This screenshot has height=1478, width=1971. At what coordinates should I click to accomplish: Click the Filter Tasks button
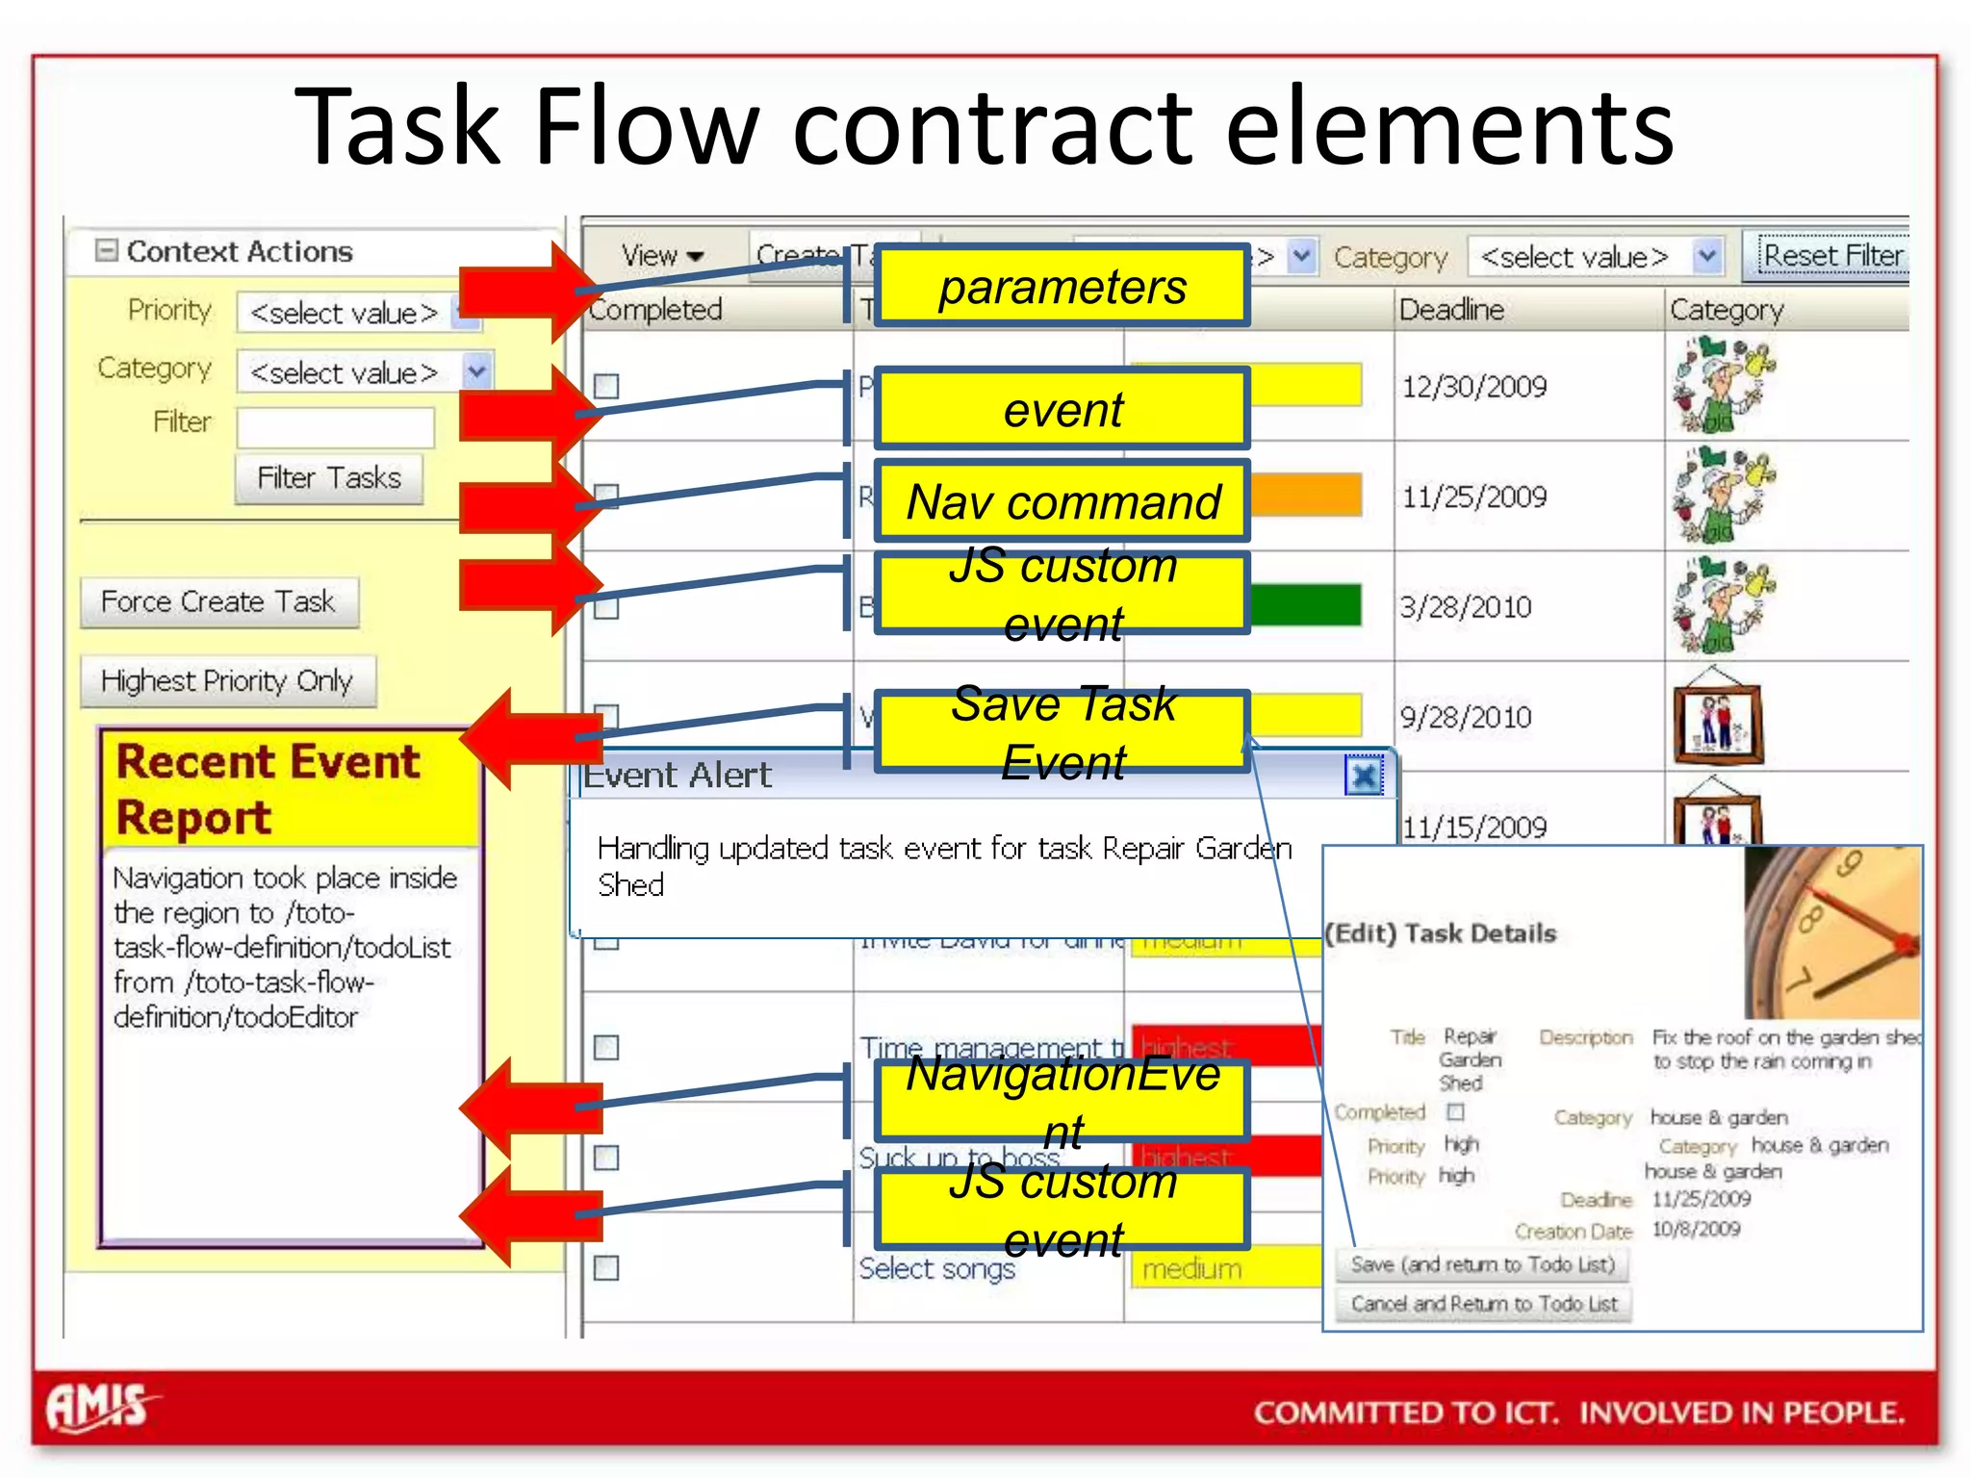tap(328, 478)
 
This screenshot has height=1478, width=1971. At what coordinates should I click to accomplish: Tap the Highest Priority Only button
tap(227, 681)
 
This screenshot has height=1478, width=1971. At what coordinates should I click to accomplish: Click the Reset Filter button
tap(1831, 256)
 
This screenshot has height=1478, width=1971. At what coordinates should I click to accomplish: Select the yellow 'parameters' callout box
tap(1062, 287)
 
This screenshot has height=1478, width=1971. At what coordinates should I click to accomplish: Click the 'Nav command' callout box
tap(1062, 501)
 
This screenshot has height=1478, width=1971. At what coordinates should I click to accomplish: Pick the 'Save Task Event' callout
tap(1062, 732)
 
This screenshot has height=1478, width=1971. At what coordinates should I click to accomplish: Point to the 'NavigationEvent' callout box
tap(1062, 1101)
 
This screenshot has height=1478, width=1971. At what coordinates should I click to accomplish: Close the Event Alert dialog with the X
tap(1363, 777)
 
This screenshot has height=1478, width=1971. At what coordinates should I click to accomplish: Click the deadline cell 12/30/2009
tap(1473, 387)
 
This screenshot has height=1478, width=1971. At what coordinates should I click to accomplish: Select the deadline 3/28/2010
tap(1465, 607)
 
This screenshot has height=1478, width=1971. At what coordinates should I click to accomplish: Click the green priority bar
tap(1305, 605)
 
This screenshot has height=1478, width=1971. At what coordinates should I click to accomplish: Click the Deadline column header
tap(1451, 310)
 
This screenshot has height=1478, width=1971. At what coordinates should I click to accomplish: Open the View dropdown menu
tap(662, 256)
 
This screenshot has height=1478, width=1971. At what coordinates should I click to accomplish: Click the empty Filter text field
tap(335, 425)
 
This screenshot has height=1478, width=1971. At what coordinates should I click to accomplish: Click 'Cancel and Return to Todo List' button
tap(1483, 1304)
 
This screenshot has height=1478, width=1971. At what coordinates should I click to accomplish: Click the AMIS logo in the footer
tap(99, 1408)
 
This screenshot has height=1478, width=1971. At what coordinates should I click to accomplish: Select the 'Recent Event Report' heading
tap(269, 789)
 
